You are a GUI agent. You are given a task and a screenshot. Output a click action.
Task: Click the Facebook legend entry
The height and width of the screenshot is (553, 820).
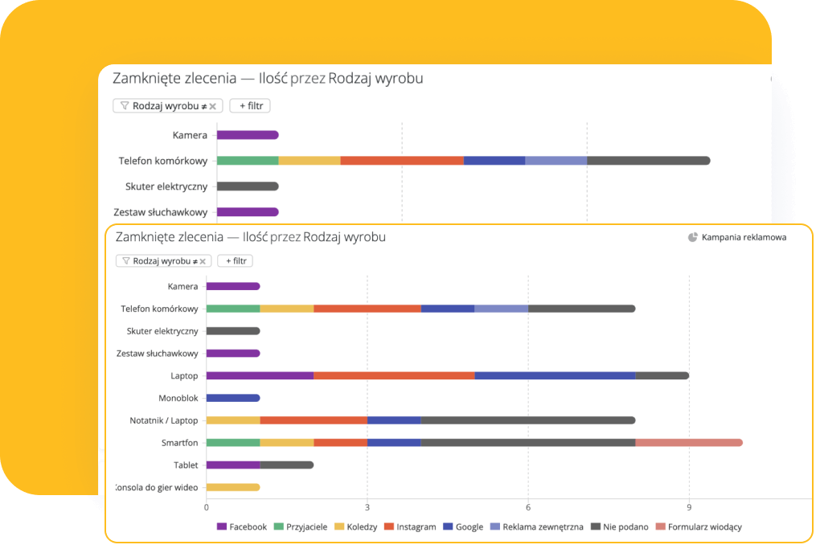coord(242,527)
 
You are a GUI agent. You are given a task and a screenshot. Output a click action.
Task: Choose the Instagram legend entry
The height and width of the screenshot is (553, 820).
coord(410,527)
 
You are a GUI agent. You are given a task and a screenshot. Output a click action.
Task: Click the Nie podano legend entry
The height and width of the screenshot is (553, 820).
coord(617,527)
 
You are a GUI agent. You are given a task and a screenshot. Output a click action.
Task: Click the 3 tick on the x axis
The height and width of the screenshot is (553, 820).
coord(367,507)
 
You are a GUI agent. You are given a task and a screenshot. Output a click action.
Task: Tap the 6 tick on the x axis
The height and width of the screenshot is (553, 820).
coord(528,507)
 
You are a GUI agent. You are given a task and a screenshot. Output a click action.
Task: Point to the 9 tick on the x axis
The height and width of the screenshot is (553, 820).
coord(689,507)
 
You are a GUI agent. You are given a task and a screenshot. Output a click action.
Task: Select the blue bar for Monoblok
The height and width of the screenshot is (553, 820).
coord(233,398)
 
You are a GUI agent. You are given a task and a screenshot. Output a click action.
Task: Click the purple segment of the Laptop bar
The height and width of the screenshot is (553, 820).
coord(260,375)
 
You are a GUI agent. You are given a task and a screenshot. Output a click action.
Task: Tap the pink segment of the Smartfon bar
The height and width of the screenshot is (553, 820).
coord(688,442)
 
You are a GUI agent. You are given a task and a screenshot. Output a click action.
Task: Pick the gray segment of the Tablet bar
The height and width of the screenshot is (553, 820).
coord(286,465)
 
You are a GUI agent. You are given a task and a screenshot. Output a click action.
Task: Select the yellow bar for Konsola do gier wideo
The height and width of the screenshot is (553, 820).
coord(233,487)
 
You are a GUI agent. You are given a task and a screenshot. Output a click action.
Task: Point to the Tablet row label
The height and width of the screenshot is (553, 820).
coord(186,465)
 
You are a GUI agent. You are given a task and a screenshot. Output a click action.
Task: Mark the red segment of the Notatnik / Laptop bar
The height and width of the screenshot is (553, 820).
coord(314,420)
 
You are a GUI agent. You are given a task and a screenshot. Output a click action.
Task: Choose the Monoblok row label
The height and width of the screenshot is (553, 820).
coord(178,398)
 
